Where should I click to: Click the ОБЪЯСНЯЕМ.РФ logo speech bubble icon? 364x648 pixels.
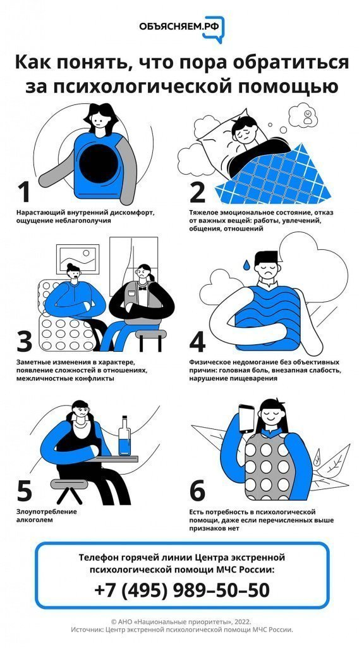pos(214,29)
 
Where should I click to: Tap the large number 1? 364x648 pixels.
pos(24,192)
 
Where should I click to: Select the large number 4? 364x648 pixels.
pos(197,340)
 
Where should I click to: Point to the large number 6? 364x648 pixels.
pos(197,491)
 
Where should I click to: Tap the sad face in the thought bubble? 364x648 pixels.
pos(308,114)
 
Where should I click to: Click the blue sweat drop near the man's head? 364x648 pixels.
pos(246,265)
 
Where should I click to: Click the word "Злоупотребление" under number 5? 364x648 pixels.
pos(47,511)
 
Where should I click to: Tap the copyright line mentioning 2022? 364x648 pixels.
pos(181,621)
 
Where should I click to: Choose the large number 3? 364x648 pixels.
pos(25,340)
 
